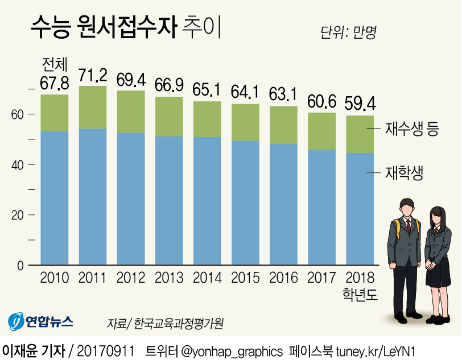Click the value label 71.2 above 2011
(93, 75)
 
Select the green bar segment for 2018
(360, 134)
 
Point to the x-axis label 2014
(207, 278)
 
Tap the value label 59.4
(360, 104)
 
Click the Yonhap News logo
(40, 322)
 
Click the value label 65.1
(208, 90)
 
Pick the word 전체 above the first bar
(55, 64)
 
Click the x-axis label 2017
(321, 278)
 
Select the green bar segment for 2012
(131, 111)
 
